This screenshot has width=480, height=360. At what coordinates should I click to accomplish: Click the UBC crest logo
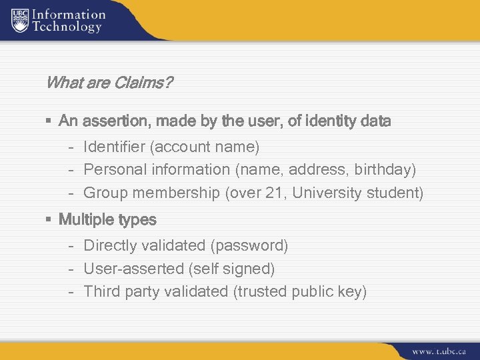pyautogui.click(x=20, y=21)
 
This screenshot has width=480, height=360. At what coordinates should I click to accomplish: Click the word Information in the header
pyautogui.click(x=69, y=14)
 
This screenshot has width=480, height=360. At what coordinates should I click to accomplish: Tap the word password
pyautogui.click(x=249, y=245)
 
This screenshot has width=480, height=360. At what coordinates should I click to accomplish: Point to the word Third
pyautogui.click(x=100, y=291)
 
